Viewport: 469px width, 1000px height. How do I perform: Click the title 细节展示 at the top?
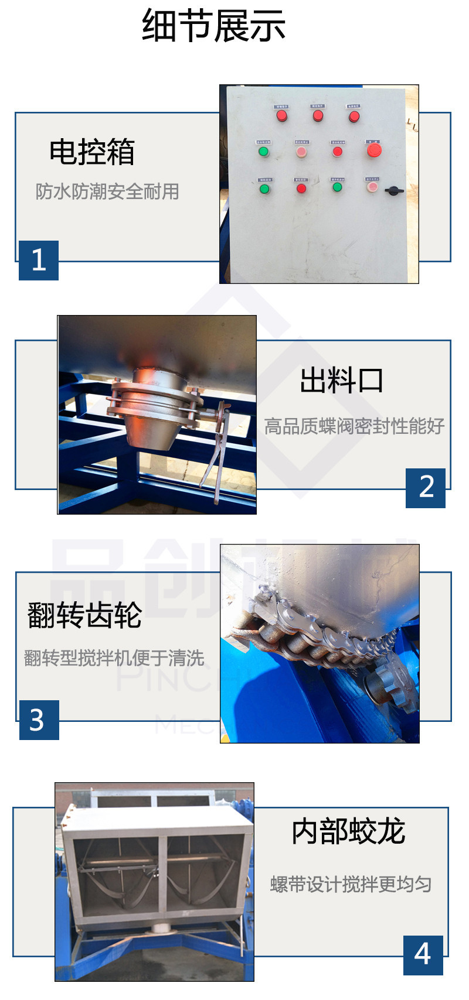[x=213, y=26]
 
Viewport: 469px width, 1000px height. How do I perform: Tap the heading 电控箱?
[x=92, y=152]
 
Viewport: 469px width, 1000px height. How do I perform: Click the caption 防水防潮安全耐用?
[x=107, y=191]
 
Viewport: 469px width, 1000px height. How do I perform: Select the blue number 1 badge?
[x=39, y=260]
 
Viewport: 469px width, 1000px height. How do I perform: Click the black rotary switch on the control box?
[x=394, y=190]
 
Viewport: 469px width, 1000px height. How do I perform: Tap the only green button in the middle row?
[x=263, y=152]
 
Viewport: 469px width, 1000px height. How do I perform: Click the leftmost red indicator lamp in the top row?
[x=282, y=115]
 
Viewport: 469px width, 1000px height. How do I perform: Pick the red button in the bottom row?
[x=301, y=189]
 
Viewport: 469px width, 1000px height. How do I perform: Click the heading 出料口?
[x=342, y=381]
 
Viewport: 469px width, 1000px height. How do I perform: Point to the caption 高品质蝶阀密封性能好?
[x=354, y=426]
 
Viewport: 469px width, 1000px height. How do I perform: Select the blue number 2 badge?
[x=426, y=488]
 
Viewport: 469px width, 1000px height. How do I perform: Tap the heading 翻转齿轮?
[x=85, y=615]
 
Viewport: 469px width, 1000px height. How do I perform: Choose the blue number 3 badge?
[x=39, y=720]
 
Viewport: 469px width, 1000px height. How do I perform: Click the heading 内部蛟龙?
[x=348, y=831]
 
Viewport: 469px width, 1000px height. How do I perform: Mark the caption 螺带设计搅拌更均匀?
[x=351, y=884]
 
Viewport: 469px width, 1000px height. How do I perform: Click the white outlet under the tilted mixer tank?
[x=159, y=928]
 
